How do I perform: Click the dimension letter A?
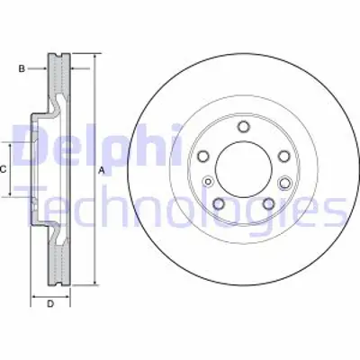102,169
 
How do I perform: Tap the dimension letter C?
4,169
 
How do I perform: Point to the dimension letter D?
50,303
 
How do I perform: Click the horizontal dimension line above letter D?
50,295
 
